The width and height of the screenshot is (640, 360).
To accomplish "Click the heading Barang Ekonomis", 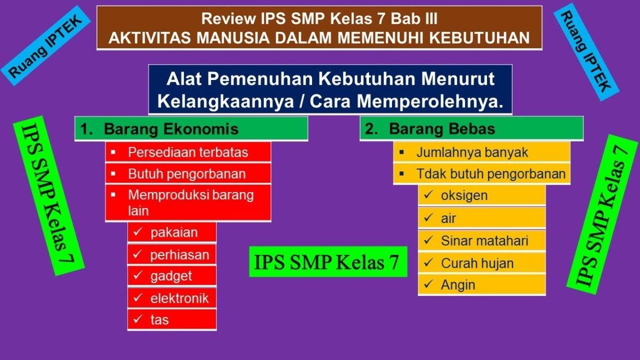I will (171, 129).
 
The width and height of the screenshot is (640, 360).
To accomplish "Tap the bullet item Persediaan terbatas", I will (188, 153).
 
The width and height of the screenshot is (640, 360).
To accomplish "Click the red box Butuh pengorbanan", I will (187, 174).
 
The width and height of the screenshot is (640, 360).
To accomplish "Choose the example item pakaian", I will (173, 233).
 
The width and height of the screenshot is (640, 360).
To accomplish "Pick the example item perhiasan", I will (179, 255).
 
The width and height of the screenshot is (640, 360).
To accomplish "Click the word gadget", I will (171, 276).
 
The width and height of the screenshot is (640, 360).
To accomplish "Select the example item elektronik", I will (179, 298).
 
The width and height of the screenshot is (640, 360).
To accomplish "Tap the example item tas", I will (159, 319).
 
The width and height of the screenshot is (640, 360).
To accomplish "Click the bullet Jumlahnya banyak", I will (472, 153).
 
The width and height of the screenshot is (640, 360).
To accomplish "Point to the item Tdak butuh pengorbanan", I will (491, 174).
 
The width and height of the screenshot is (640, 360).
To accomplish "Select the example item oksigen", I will (464, 195).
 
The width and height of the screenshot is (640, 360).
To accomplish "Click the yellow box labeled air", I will (449, 218).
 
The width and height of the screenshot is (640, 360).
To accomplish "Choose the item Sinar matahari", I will (484, 241).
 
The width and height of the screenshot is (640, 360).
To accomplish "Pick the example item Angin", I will (458, 285).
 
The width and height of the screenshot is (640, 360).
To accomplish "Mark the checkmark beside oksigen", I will (428, 195).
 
